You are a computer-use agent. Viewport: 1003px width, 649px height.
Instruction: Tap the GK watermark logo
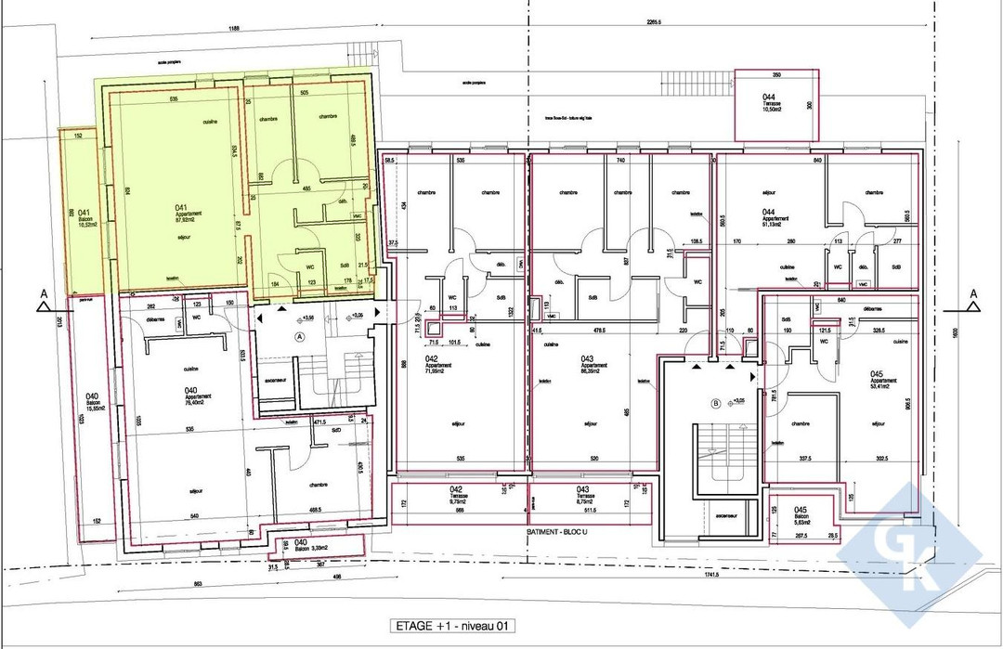(910, 548)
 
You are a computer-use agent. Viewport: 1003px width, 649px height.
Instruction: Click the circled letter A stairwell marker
(299, 335)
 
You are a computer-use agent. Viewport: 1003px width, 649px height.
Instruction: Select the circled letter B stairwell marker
(716, 403)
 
